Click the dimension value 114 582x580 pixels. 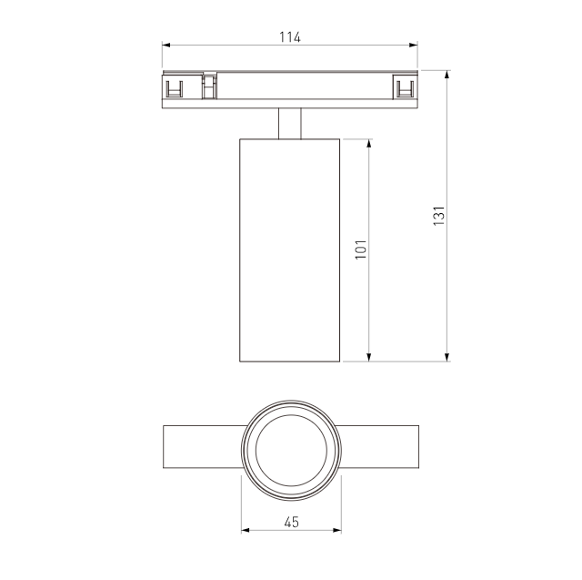click(x=290, y=37)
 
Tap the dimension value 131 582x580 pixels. click(x=438, y=216)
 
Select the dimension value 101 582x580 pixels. click(x=361, y=249)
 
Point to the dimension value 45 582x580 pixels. click(x=291, y=522)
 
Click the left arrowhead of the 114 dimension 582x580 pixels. click(x=166, y=45)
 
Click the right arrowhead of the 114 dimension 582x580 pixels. click(x=413, y=45)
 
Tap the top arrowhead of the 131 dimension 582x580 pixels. click(x=447, y=75)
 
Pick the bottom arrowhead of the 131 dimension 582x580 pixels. click(x=447, y=357)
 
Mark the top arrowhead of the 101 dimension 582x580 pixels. click(x=369, y=144)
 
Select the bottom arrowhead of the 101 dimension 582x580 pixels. click(x=369, y=357)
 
